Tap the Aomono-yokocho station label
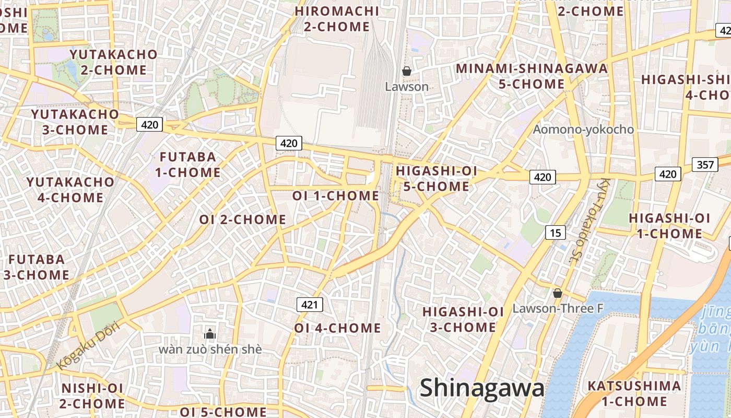[583, 130]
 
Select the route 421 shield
[310, 304]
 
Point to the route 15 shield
[555, 233]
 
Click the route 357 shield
[705, 165]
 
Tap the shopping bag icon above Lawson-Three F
[558, 293]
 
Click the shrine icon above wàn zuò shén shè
[210, 334]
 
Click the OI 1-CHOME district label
[335, 196]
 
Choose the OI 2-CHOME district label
[242, 219]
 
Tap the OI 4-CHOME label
[337, 328]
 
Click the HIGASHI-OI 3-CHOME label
[463, 319]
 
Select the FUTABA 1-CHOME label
[187, 165]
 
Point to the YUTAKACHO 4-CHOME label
[70, 190]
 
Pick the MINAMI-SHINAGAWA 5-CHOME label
[532, 76]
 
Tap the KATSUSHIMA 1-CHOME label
[634, 394]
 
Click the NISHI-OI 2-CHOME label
[92, 396]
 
